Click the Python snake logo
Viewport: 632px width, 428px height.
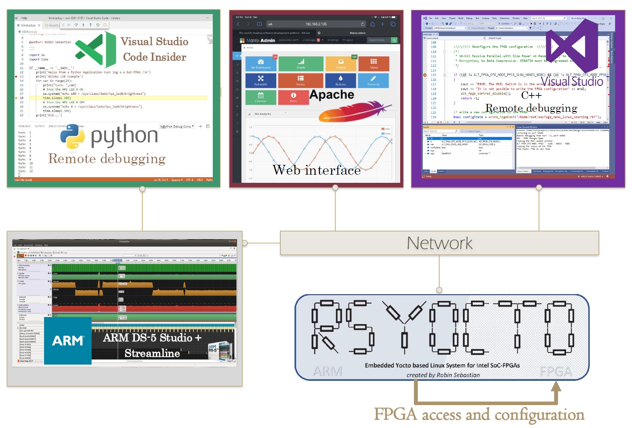(73, 137)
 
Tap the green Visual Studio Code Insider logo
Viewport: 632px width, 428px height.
(95, 49)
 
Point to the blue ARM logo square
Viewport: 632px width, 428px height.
(68, 341)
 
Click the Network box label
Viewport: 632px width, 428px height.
(439, 243)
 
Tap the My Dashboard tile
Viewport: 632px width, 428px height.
(261, 64)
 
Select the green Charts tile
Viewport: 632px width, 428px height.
(300, 64)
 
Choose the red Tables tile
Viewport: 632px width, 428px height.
(373, 64)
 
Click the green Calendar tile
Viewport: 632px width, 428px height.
(261, 97)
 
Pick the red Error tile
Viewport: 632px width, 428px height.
(293, 97)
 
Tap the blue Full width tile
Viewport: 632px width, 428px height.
(261, 81)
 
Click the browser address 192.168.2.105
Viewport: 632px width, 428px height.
(316, 24)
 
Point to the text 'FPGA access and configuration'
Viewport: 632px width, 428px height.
(479, 415)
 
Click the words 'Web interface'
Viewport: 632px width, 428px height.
(316, 170)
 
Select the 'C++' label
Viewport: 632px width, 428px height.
(531, 95)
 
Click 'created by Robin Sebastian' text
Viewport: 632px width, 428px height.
(443, 375)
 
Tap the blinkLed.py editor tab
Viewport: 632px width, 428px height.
(28, 25)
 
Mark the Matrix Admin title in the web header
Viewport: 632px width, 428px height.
(260, 41)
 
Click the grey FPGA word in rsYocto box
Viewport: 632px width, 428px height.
(556, 372)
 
